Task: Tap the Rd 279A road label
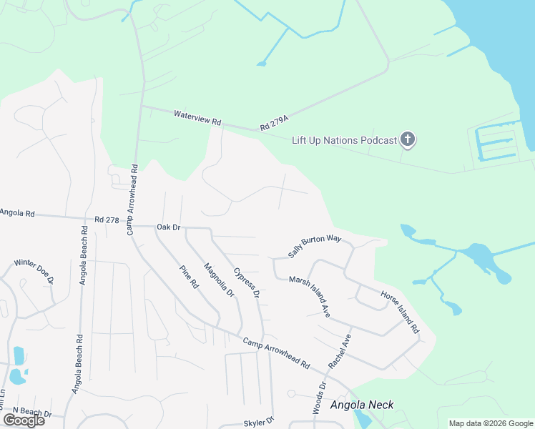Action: tap(274, 122)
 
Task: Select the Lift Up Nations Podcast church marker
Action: tap(408, 139)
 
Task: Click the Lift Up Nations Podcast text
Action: tap(344, 140)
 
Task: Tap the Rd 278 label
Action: tap(106, 220)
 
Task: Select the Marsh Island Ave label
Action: tap(309, 297)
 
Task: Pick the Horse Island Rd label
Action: tap(399, 312)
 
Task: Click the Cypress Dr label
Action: tap(246, 283)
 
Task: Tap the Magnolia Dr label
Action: tap(219, 280)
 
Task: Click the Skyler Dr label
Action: tap(259, 423)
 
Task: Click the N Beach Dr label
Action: tap(33, 414)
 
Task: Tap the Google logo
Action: tap(24, 420)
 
